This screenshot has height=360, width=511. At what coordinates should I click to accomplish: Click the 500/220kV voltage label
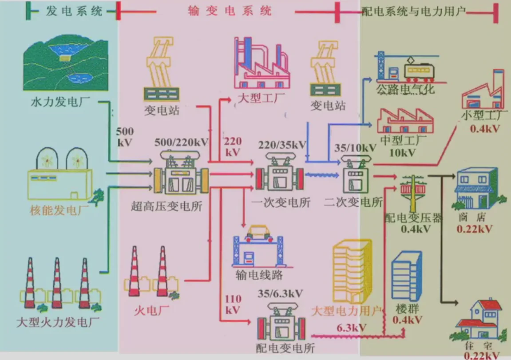(x=181, y=142)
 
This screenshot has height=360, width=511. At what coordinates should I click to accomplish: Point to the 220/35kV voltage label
(x=282, y=145)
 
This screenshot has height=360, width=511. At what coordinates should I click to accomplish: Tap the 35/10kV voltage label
(x=355, y=147)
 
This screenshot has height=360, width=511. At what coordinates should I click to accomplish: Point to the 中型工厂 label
(x=403, y=141)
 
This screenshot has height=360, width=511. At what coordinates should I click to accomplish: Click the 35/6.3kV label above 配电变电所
(x=280, y=293)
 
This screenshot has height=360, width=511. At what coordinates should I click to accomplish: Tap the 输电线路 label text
(x=257, y=275)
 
